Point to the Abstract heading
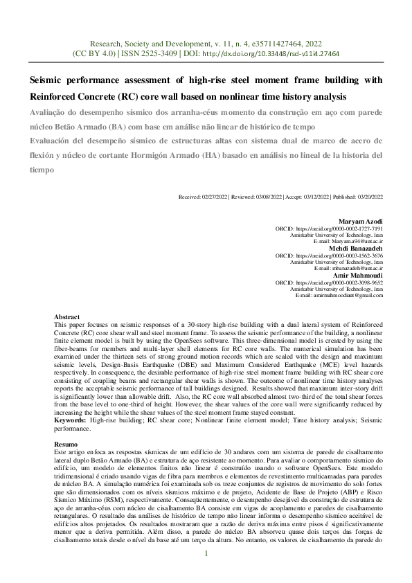tap(67, 316)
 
